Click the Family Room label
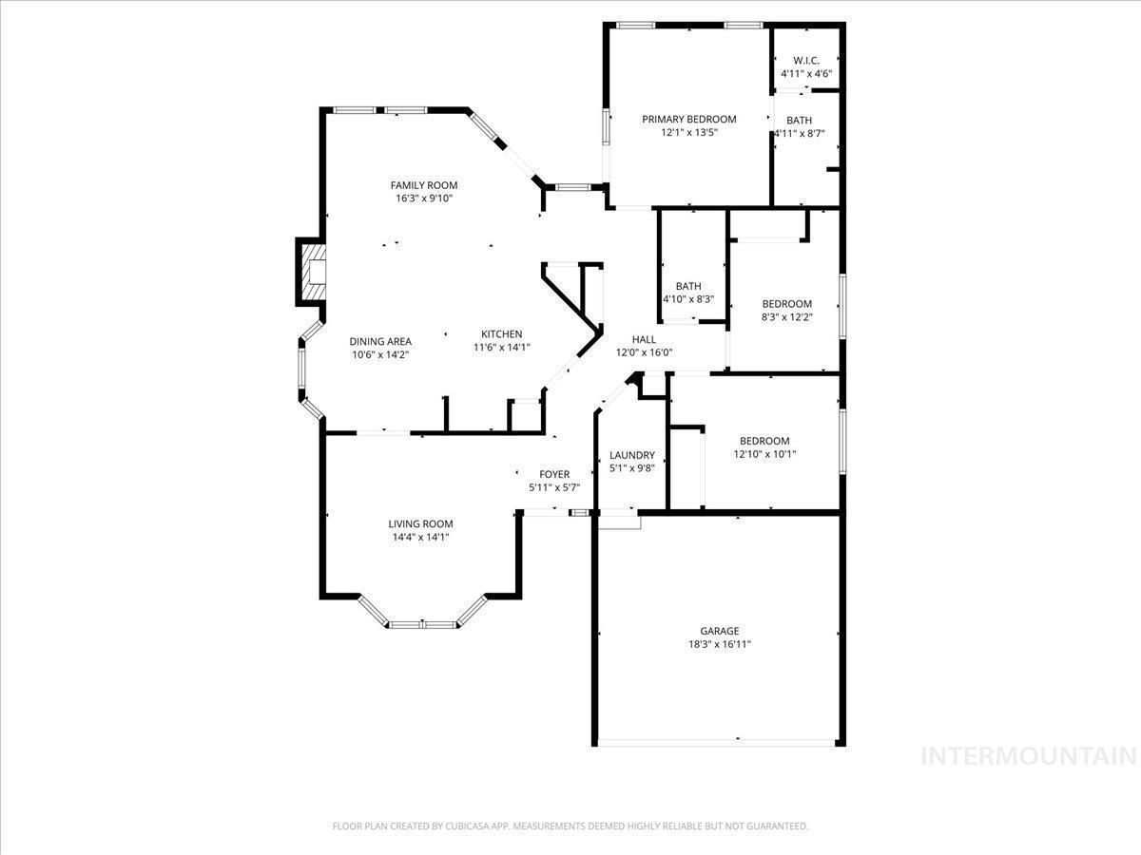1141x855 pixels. pyautogui.click(x=424, y=185)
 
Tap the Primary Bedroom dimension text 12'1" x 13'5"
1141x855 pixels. pyautogui.click(x=688, y=132)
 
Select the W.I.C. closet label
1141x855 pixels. pyautogui.click(x=806, y=60)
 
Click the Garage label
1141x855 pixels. pyautogui.click(x=720, y=631)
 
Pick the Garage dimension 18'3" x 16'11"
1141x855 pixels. pyautogui.click(x=720, y=644)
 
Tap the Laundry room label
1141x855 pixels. pyautogui.click(x=632, y=455)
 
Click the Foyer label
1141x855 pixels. pyautogui.click(x=554, y=474)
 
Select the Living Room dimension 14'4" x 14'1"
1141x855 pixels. pyautogui.click(x=420, y=538)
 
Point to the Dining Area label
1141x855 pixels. pyautogui.click(x=380, y=342)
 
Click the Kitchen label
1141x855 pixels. pyautogui.click(x=502, y=334)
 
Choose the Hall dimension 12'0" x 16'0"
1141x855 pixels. pyautogui.click(x=644, y=352)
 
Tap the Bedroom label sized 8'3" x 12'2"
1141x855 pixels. pyautogui.click(x=787, y=304)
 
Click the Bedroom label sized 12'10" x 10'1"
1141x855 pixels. pyautogui.click(x=764, y=441)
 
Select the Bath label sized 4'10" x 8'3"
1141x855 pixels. pyautogui.click(x=688, y=286)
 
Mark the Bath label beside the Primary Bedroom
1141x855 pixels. pyautogui.click(x=799, y=121)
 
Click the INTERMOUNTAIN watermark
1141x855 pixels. pyautogui.click(x=1029, y=756)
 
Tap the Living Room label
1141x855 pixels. pyautogui.click(x=420, y=523)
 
